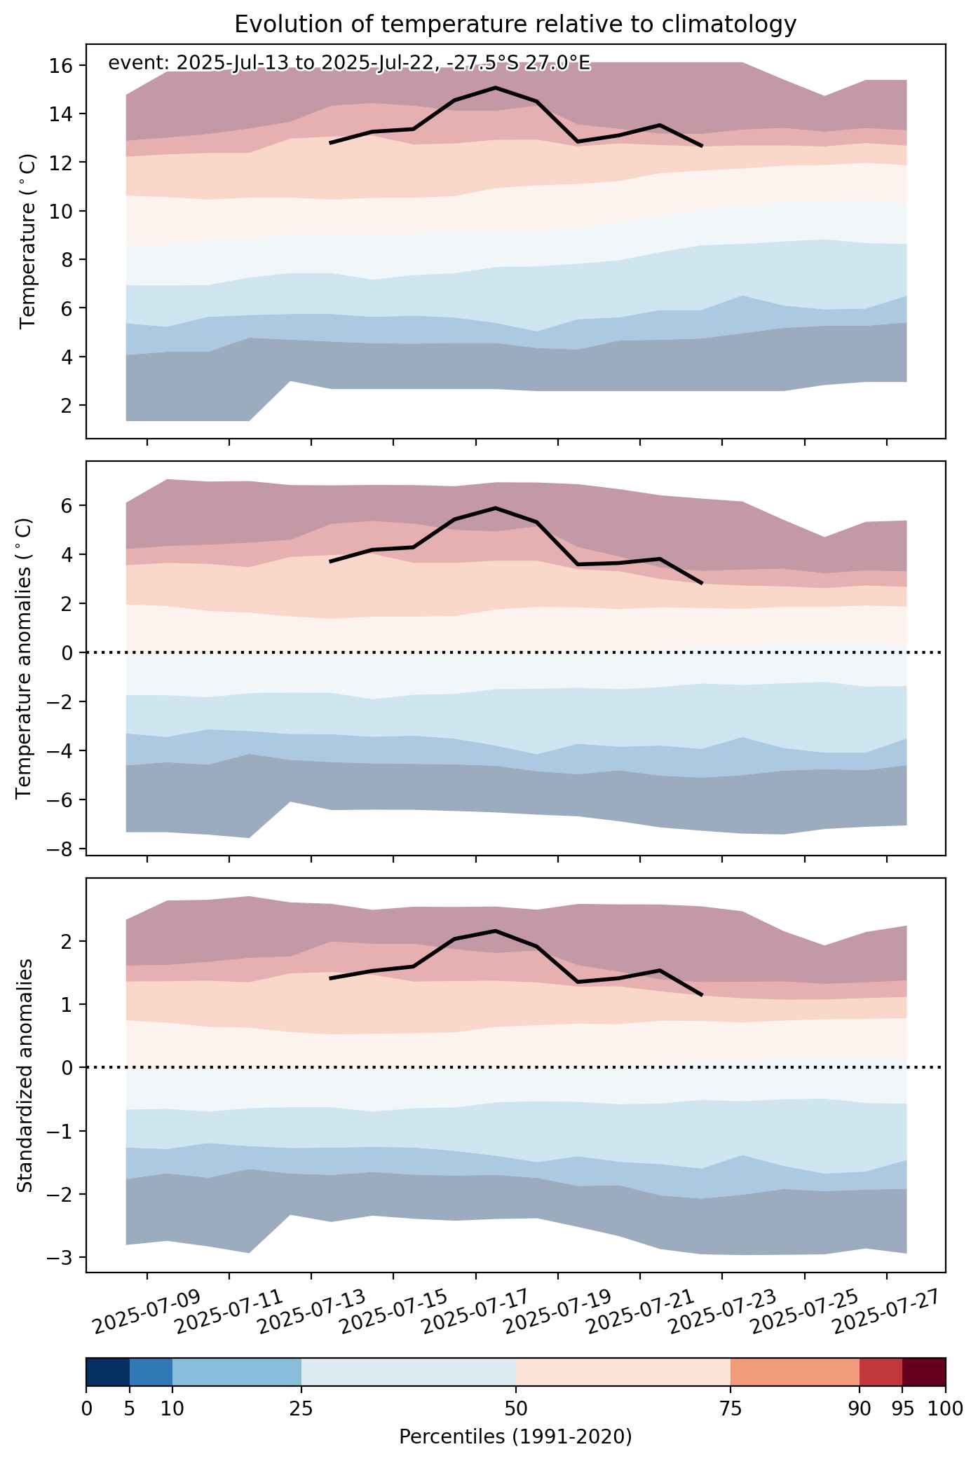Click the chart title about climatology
click(x=515, y=25)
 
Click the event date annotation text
click(x=349, y=64)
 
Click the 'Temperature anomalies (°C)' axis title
click(x=24, y=658)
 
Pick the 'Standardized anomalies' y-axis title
click(x=24, y=1076)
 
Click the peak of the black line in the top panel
click(x=496, y=88)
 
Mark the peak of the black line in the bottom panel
click(x=496, y=931)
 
